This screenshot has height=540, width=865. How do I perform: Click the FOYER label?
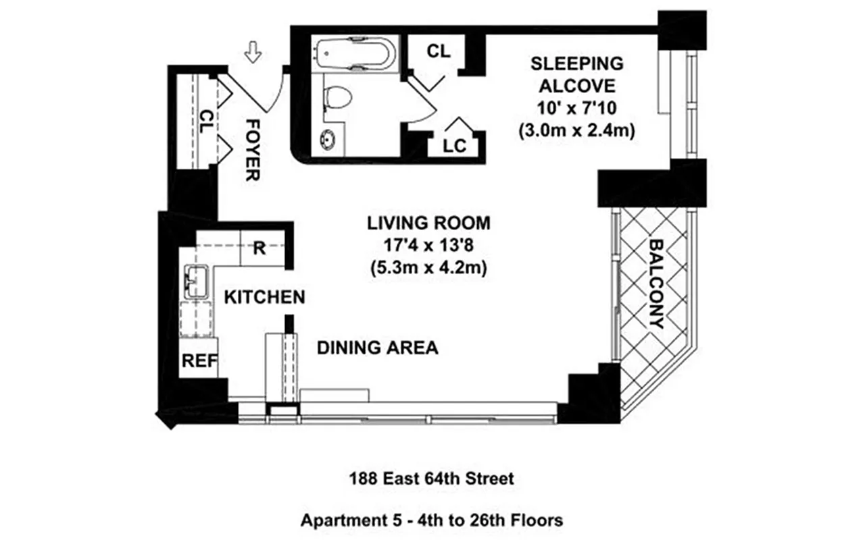tap(252, 150)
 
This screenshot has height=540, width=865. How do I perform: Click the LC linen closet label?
tap(455, 146)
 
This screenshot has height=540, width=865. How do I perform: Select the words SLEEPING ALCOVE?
tap(576, 75)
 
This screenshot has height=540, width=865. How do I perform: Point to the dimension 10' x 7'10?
tap(576, 108)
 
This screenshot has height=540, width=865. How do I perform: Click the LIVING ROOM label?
tap(428, 223)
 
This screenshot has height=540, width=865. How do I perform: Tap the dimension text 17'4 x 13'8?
tap(428, 245)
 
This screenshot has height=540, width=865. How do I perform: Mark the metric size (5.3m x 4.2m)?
tap(428, 267)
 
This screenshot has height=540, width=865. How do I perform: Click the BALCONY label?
tap(655, 283)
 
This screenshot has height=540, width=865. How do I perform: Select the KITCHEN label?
tap(264, 297)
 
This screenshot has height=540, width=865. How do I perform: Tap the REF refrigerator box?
tap(199, 361)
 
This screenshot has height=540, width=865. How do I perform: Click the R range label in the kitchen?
tap(259, 248)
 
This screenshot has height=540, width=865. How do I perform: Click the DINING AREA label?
tap(377, 348)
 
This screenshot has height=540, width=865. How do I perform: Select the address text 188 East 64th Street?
tap(431, 479)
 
